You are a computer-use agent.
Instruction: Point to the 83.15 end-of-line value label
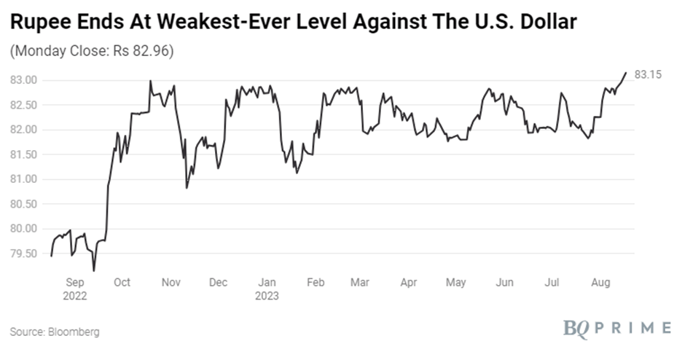pyautogui.click(x=647, y=74)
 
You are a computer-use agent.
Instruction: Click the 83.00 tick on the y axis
pyautogui.click(x=24, y=80)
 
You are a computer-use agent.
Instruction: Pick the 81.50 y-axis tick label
pyautogui.click(x=24, y=154)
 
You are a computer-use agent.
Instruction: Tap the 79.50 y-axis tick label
pyautogui.click(x=24, y=254)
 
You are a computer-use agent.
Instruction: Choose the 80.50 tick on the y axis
pyautogui.click(x=24, y=204)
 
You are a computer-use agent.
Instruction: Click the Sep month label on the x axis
pyautogui.click(x=76, y=283)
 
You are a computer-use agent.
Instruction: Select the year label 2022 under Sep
pyautogui.click(x=76, y=297)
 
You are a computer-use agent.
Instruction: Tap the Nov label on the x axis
pyautogui.click(x=171, y=283)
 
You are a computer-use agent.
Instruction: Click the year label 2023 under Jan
pyautogui.click(x=267, y=297)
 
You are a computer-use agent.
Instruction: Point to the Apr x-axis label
pyautogui.click(x=409, y=283)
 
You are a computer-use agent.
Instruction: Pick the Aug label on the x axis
pyautogui.click(x=600, y=283)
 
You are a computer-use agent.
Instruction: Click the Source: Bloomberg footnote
pyautogui.click(x=54, y=332)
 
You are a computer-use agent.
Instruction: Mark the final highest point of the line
pyautogui.click(x=626, y=73)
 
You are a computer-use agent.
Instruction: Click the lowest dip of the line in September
pyautogui.click(x=94, y=270)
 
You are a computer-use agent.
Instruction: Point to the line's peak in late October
pyautogui.click(x=150, y=81)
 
